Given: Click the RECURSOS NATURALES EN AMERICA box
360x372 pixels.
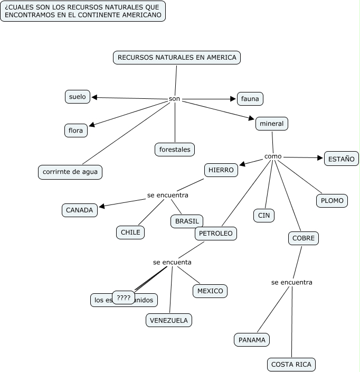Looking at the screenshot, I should (177, 58).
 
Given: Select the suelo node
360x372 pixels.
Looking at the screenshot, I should (77, 97).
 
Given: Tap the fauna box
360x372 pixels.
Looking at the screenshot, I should (250, 98).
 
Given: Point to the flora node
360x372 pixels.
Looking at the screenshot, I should (76, 130).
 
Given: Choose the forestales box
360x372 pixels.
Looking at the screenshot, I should (175, 150).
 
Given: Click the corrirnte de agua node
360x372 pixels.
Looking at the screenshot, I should (70, 172).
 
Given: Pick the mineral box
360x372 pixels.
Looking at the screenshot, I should (272, 124).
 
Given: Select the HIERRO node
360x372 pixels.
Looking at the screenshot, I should (221, 170).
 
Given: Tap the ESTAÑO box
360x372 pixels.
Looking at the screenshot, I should (341, 159).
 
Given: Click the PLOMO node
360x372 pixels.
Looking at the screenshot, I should (332, 200).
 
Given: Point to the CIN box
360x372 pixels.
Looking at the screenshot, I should (264, 215).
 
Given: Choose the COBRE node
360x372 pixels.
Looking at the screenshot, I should (304, 238).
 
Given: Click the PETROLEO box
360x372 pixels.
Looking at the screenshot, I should (216, 233).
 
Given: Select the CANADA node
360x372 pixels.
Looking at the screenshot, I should (79, 210).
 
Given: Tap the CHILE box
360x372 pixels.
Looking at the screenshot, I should (130, 232).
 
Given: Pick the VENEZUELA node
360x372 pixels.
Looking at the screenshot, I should (169, 320).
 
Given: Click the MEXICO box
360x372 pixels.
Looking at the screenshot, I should (210, 291).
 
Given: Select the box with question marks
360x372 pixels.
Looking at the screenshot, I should (124, 298).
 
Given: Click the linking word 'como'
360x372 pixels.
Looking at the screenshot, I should (273, 156).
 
